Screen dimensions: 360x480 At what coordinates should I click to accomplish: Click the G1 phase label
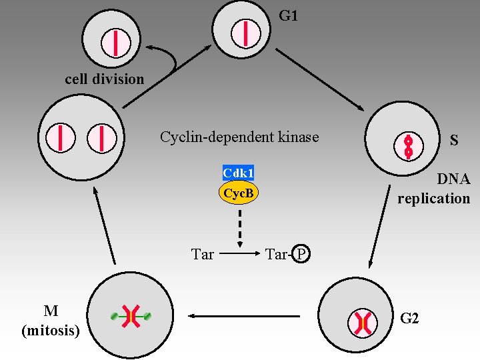pyautogui.click(x=288, y=15)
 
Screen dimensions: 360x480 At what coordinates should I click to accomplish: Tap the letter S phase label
pyautogui.click(x=454, y=141)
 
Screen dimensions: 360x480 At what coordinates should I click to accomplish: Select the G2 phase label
pyautogui.click(x=409, y=318)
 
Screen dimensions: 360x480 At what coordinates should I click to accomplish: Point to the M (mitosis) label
pyautogui.click(x=51, y=321)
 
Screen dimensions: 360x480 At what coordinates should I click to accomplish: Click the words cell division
pyautogui.click(x=104, y=79)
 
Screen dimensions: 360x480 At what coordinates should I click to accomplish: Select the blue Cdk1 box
pyautogui.click(x=238, y=173)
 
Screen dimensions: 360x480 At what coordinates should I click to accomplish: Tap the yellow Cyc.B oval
pyautogui.click(x=238, y=193)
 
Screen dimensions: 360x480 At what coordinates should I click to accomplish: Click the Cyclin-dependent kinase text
pyautogui.click(x=239, y=137)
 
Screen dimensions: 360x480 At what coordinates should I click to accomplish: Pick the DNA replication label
pyautogui.click(x=434, y=189)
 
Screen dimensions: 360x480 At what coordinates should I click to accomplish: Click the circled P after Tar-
pyautogui.click(x=301, y=254)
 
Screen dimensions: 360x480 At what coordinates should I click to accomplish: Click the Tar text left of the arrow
pyautogui.click(x=202, y=254)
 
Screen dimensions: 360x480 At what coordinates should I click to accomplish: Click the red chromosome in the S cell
pyautogui.click(x=409, y=146)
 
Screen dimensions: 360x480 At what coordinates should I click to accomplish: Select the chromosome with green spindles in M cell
pyautogui.click(x=131, y=317)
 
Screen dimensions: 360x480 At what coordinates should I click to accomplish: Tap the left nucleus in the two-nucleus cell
pyautogui.click(x=60, y=138)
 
